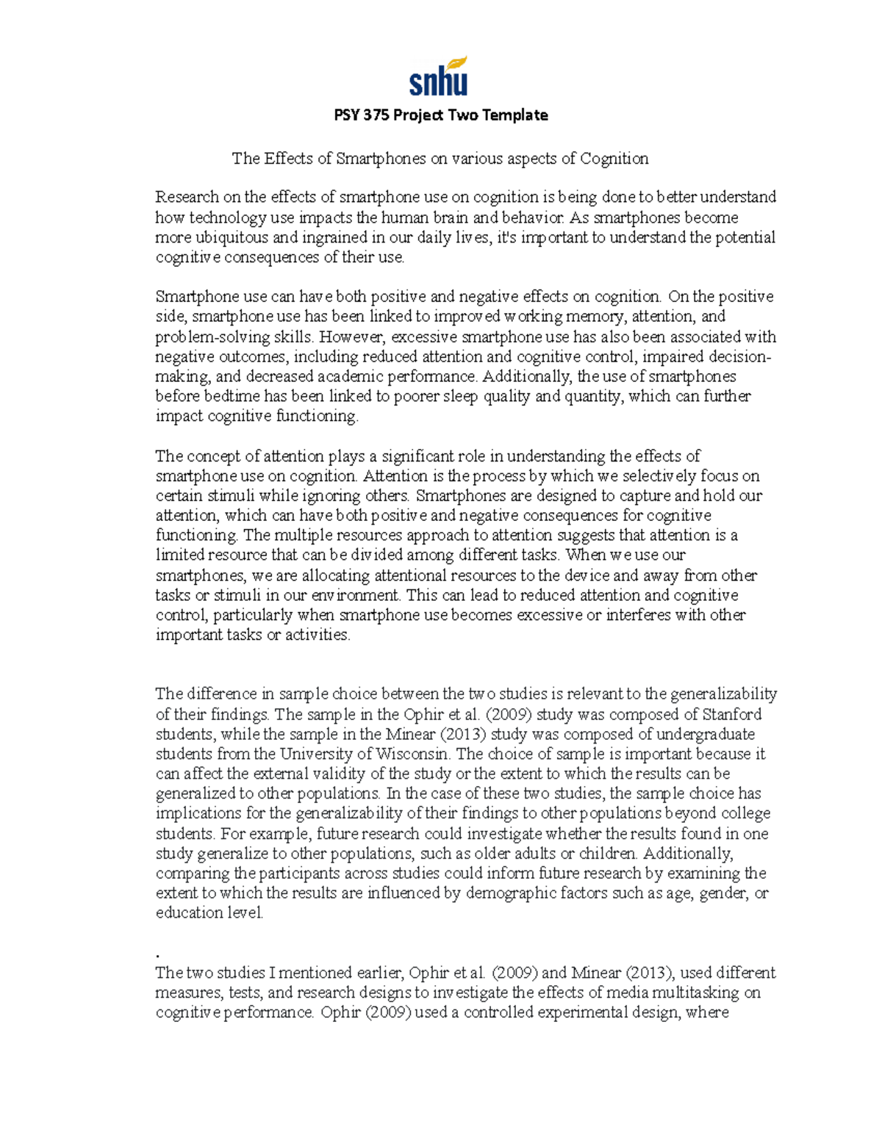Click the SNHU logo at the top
point(438,76)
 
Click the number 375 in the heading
point(375,115)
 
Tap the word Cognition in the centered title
point(614,159)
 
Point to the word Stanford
point(732,714)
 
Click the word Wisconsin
point(412,754)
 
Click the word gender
point(723,893)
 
